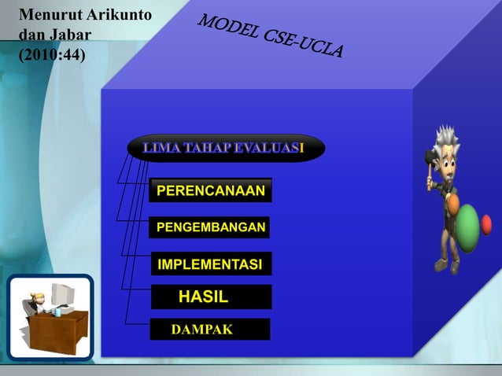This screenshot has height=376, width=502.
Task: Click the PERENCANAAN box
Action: coord(210,190)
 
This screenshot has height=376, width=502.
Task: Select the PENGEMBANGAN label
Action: coord(210,228)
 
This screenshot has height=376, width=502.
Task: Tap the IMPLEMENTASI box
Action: coord(210,264)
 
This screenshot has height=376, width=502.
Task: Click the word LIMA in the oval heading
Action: coord(159,148)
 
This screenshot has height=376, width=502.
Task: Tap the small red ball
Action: coord(486,224)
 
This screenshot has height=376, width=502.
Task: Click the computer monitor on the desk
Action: coord(61,297)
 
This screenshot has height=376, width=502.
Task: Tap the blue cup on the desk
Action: coord(57,312)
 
